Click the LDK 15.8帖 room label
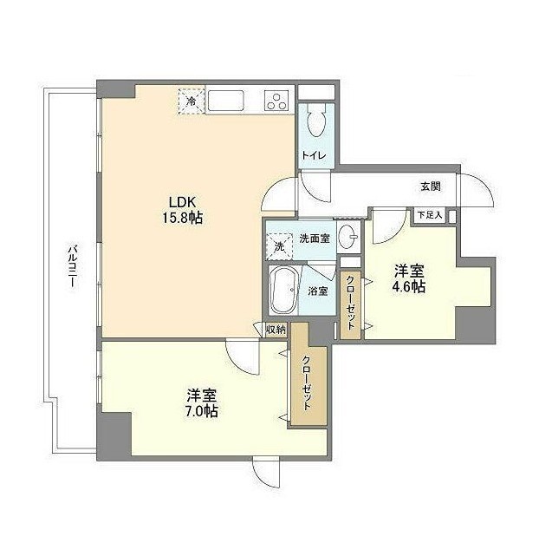pos(182,210)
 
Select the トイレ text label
pos(314,155)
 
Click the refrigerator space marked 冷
pos(192,101)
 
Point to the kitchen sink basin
pos(226,101)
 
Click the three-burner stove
pos(277,101)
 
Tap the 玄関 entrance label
pos(431,186)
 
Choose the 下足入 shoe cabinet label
pos(429,215)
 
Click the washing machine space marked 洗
pos(280,246)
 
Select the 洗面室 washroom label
pos(315,239)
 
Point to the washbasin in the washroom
pos(348,236)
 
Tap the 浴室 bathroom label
pos(318,291)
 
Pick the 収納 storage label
pos(276,330)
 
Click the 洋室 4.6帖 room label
pos(409,278)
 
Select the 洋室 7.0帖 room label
pos(202,402)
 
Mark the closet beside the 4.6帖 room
pos(350,304)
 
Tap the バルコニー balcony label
pos(72,265)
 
